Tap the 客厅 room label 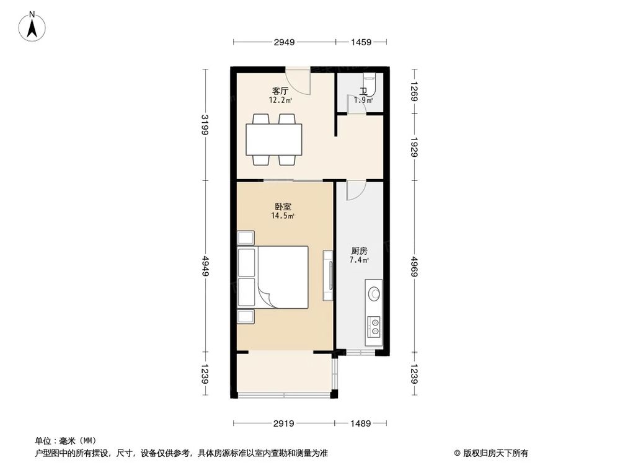[x=280, y=91]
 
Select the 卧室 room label [x=282, y=207]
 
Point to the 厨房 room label [x=360, y=251]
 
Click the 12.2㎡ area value [x=280, y=99]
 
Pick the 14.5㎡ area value [x=282, y=216]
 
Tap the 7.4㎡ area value [x=360, y=260]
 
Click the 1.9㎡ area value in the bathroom [x=363, y=100]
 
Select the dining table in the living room [x=273, y=139]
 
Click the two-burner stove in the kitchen [x=374, y=327]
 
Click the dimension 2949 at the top [x=284, y=42]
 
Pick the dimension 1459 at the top [x=360, y=42]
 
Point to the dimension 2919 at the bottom [x=284, y=423]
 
